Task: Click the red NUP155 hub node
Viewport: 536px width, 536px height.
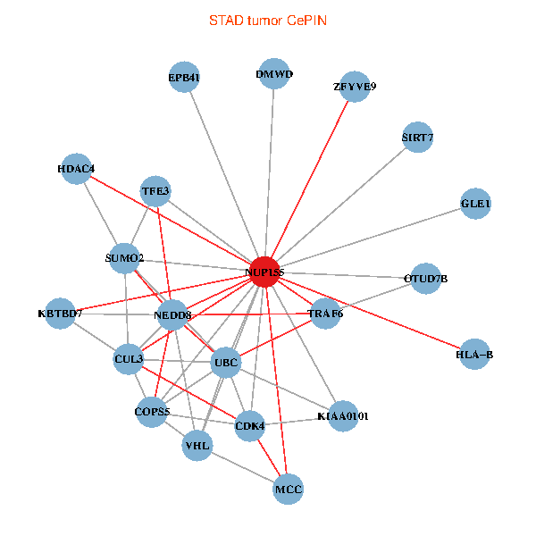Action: [x=264, y=271]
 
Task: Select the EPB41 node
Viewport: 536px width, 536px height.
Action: [x=184, y=77]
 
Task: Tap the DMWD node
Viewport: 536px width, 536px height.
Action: [x=274, y=74]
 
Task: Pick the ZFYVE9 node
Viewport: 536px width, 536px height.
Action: [x=355, y=87]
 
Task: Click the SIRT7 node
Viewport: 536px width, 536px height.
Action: [x=417, y=138]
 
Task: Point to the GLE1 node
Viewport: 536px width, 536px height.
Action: [x=475, y=204]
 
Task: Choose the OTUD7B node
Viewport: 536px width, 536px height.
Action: [x=426, y=279]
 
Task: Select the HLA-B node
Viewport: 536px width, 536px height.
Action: [x=474, y=355]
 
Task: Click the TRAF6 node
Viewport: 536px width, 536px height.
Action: [x=325, y=314]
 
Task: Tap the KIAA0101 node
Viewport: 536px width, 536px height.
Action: [x=343, y=416]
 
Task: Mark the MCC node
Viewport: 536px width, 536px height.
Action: [x=289, y=490]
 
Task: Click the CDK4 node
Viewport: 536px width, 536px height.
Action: [x=250, y=427]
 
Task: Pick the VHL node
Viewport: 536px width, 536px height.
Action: [x=197, y=445]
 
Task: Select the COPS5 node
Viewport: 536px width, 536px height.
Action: [x=151, y=411]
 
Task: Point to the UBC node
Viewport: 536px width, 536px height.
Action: [x=226, y=363]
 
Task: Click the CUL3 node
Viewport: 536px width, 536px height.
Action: [x=129, y=359]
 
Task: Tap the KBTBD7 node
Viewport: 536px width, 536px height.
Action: [x=60, y=314]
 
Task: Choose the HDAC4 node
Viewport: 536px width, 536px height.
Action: [x=76, y=168]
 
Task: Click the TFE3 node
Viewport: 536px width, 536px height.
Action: [x=155, y=190]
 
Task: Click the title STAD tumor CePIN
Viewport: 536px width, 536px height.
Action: [x=267, y=20]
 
